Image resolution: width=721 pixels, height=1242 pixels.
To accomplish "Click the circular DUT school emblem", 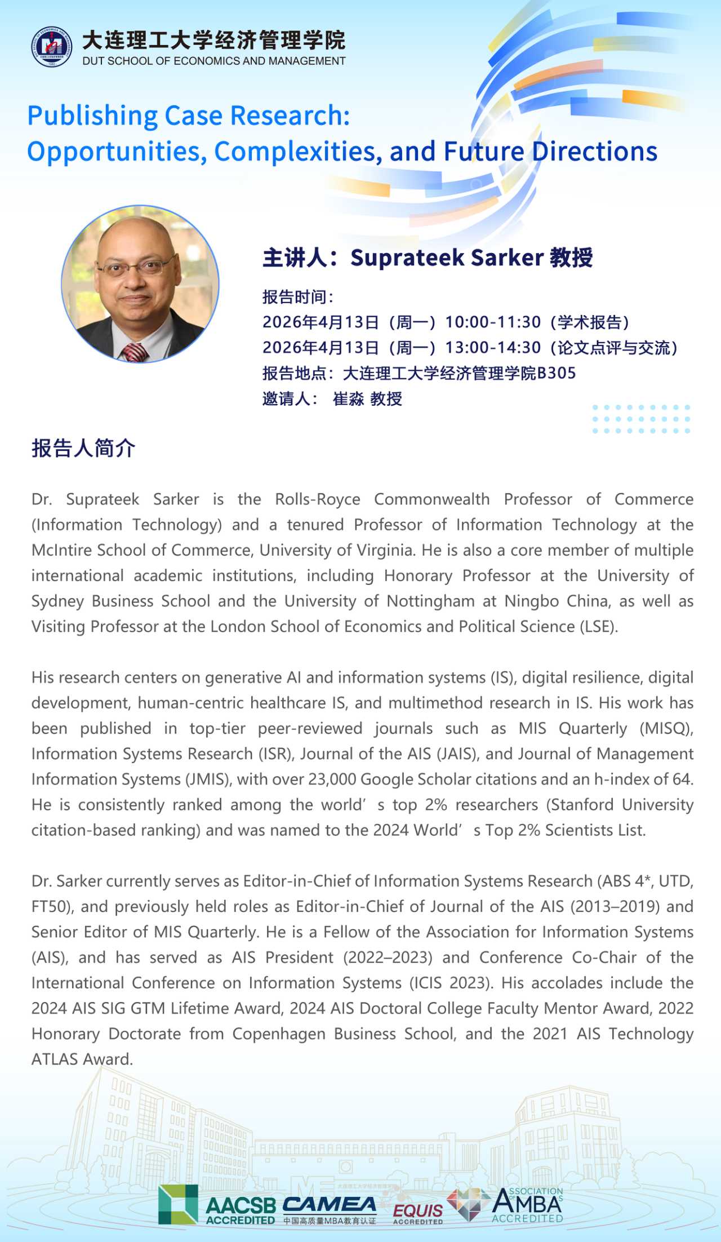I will [51, 46].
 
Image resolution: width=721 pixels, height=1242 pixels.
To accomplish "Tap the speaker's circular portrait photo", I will [140, 283].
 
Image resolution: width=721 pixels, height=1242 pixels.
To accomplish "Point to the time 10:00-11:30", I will [493, 322].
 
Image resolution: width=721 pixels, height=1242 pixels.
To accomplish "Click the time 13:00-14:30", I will [493, 348].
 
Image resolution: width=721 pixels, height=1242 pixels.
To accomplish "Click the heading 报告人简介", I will [83, 449].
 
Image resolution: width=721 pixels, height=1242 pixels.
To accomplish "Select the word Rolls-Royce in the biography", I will [318, 499].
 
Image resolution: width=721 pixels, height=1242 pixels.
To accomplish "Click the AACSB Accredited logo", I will [217, 1204].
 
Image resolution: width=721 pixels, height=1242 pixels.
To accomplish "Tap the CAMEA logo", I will [330, 1204].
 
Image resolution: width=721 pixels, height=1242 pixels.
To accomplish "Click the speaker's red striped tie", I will [135, 352].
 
